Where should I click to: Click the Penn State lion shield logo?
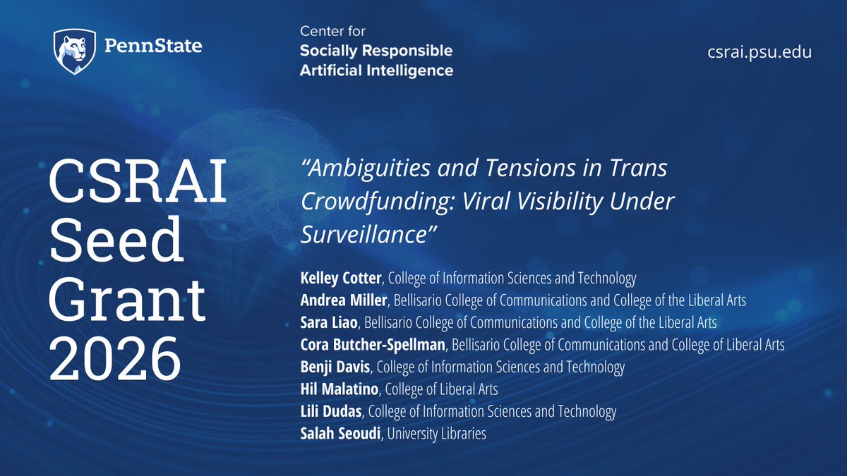pos(74,51)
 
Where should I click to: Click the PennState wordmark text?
pos(152,47)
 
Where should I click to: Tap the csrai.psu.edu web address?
pos(759,51)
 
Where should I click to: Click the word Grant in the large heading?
pos(126,302)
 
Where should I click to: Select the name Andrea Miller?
pos(344,300)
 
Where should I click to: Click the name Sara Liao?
pos(329,323)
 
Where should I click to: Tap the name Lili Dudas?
pos(332,411)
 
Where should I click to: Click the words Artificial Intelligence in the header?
pos(376,70)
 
